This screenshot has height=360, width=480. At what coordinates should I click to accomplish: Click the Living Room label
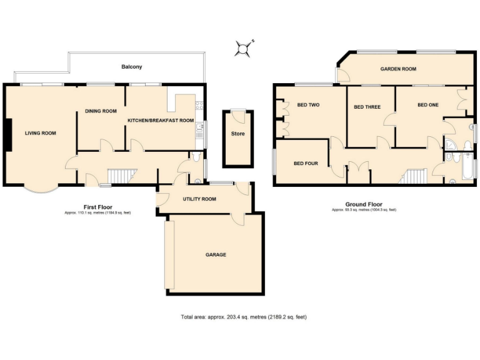pos(41,133)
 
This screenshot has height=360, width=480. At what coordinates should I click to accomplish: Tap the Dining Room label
pos(101,111)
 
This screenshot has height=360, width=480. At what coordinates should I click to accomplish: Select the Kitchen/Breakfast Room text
pos(161,120)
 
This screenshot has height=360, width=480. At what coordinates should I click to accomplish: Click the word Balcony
pos(131,67)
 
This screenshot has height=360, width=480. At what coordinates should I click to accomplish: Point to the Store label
pos(237,134)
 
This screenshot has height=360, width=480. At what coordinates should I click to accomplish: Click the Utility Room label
pos(199,199)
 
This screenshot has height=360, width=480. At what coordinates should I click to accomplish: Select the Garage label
pos(216,255)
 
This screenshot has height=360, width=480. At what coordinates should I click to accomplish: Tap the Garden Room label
pos(398,69)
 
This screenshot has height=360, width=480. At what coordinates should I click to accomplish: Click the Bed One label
pos(427,105)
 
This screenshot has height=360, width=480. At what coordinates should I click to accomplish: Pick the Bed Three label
pos(367,107)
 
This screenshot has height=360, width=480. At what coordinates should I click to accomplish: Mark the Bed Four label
pos(306,164)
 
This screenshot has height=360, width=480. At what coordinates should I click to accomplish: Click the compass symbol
pos(244,47)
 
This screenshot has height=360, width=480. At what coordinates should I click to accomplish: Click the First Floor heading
pos(97,206)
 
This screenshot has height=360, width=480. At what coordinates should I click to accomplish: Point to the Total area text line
pos(239,317)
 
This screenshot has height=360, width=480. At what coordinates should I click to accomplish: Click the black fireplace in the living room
pos(6,135)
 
